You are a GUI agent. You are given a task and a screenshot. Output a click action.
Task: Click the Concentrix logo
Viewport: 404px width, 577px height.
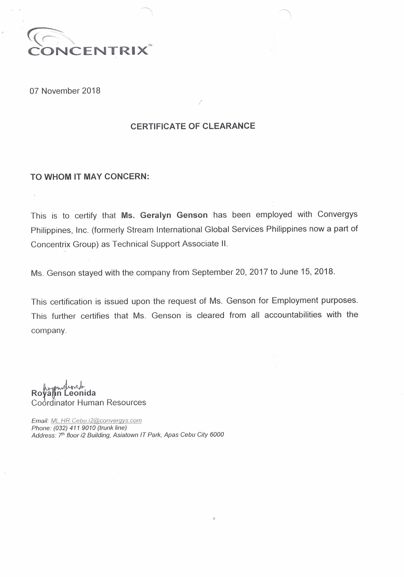88,43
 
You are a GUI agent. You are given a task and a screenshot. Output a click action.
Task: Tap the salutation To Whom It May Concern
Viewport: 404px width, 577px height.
90,177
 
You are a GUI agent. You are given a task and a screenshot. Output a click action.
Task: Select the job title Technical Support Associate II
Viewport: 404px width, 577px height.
170,244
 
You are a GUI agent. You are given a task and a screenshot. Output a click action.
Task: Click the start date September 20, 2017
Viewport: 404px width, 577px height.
230,272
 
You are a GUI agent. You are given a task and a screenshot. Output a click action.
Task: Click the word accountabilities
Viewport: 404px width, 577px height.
293,315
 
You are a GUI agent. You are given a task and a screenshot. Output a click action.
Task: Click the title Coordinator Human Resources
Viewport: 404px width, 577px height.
89,403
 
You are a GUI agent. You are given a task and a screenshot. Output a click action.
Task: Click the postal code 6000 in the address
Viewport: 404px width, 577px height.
217,434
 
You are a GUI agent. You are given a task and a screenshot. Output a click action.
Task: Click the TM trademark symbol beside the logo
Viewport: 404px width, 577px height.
150,45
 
